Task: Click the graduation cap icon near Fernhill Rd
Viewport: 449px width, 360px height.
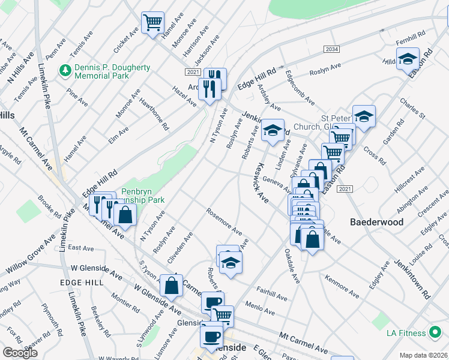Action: pyautogui.click(x=408, y=59)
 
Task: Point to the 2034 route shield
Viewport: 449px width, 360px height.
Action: pyautogui.click(x=331, y=49)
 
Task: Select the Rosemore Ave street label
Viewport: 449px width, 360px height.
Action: pyautogui.click(x=223, y=221)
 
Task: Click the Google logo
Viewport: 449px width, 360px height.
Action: pyautogui.click(x=20, y=353)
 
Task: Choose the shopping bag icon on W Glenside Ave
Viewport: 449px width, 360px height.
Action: pyautogui.click(x=172, y=286)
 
